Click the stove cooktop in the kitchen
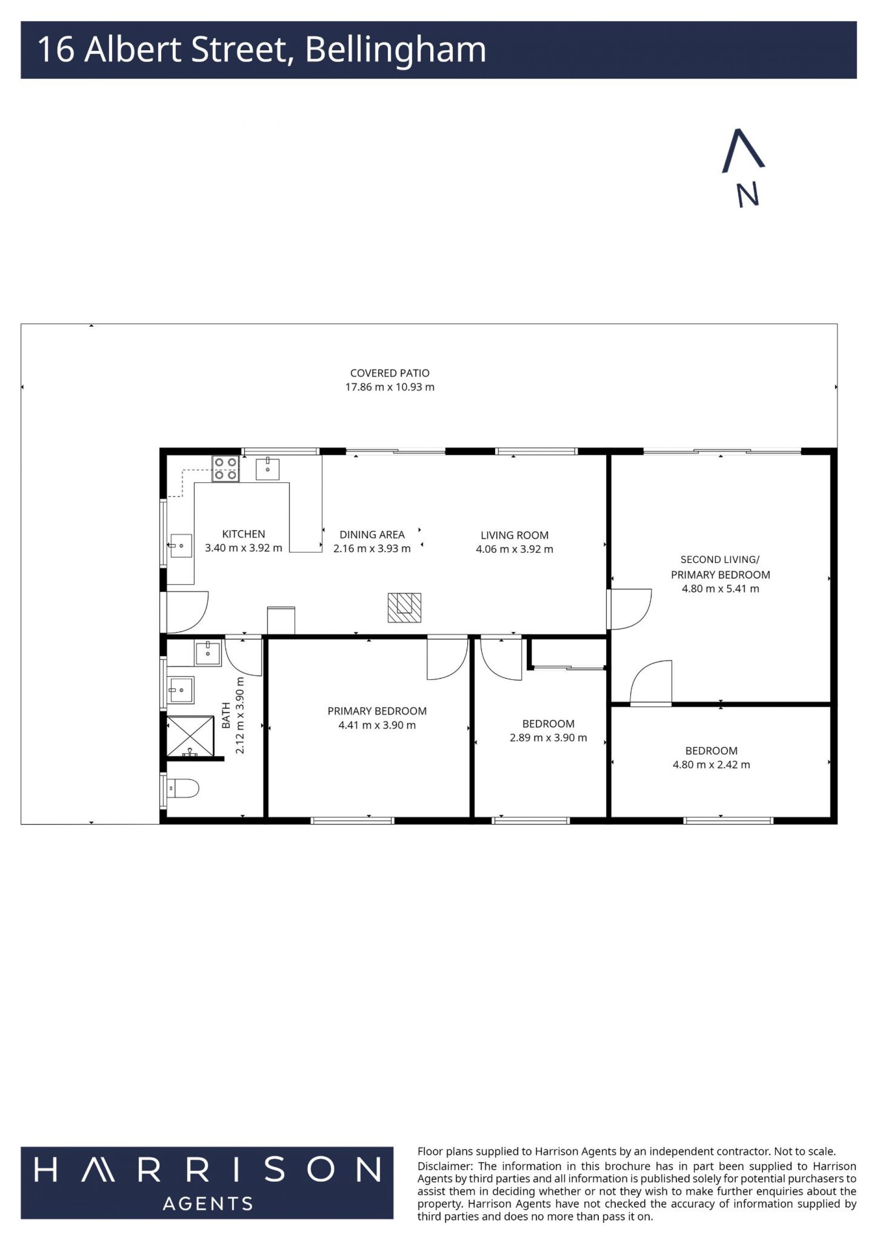point(226,469)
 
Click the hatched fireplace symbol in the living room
point(404,607)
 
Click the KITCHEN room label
point(243,534)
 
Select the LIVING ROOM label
point(514,535)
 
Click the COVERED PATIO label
point(390,373)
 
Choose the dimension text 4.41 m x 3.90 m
point(377,725)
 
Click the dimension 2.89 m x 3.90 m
point(548,738)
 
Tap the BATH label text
point(226,715)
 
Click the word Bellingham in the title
point(396,50)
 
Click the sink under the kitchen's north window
point(267,468)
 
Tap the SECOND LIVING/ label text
point(720,560)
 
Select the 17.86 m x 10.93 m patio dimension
point(390,387)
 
